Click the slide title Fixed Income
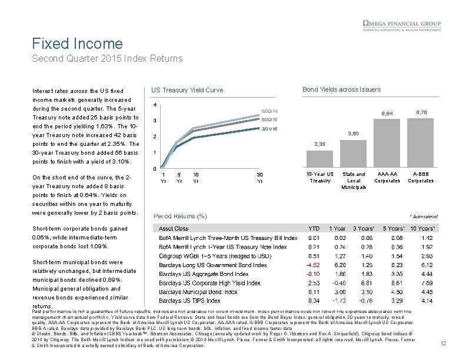(x=77, y=44)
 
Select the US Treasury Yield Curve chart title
(x=187, y=89)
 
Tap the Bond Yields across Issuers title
(x=341, y=89)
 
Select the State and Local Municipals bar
(x=353, y=155)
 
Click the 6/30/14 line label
(x=269, y=111)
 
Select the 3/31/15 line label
(x=269, y=128)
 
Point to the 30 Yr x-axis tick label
(x=259, y=178)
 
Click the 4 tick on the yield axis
(x=154, y=105)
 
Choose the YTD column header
(x=314, y=228)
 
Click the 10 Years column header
(x=420, y=228)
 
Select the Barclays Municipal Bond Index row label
(x=189, y=292)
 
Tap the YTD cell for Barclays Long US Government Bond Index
(x=314, y=265)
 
